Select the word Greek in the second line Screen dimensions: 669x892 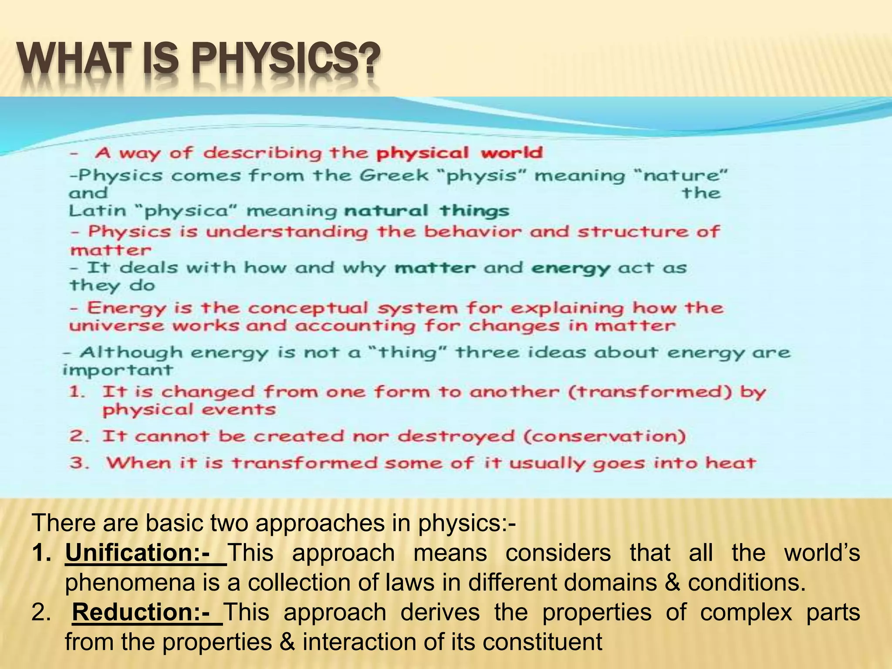coord(394,176)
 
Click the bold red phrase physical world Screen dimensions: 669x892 coord(459,153)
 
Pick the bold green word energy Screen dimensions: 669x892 coord(571,268)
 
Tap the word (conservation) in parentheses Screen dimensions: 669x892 coord(605,436)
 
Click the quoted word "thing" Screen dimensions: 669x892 coord(407,352)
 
